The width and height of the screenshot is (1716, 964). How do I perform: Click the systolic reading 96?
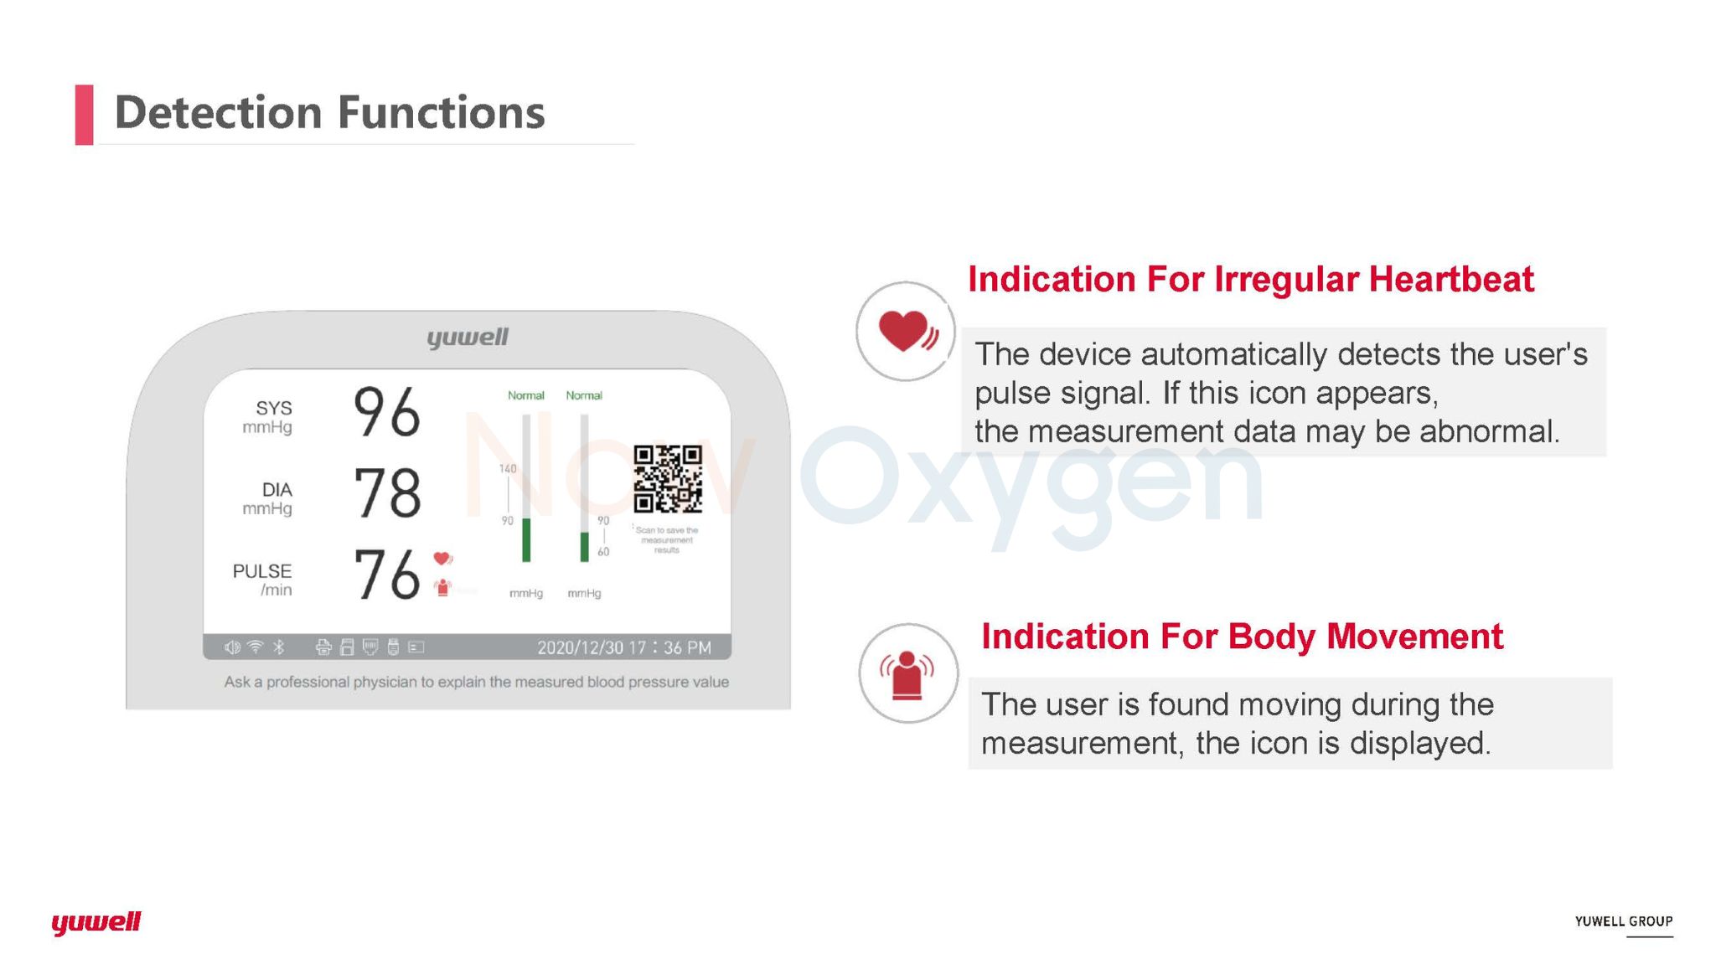click(387, 412)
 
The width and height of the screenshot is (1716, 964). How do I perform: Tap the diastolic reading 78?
click(387, 492)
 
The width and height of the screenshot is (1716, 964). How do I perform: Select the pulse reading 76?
click(387, 575)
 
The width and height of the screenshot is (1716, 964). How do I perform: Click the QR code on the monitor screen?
click(668, 479)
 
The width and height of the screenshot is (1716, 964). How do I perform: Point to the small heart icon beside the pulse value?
click(442, 559)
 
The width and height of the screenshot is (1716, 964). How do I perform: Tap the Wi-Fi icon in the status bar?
click(256, 647)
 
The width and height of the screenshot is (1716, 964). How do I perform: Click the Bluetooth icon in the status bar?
click(279, 647)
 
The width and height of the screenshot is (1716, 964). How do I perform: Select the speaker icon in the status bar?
click(232, 647)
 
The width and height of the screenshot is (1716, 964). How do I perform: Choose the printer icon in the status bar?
click(323, 647)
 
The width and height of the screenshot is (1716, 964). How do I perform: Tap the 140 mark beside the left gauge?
click(508, 469)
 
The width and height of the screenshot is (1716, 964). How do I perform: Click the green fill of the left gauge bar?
click(526, 540)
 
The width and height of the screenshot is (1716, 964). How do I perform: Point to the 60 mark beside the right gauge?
click(603, 552)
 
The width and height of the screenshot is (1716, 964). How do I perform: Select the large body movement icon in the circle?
click(907, 675)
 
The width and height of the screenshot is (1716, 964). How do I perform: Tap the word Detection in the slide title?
click(218, 112)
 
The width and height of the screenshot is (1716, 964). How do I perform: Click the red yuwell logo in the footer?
click(96, 922)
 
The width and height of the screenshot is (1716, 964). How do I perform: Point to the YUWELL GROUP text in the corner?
click(1624, 921)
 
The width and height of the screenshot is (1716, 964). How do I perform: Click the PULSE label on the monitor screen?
click(262, 571)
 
